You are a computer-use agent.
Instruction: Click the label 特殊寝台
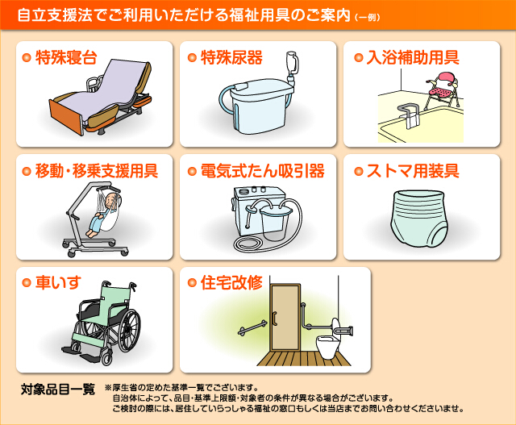tap(66, 57)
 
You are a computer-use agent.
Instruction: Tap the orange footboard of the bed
tap(66, 118)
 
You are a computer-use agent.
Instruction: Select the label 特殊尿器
tap(231, 57)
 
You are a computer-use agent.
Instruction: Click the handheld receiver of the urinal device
tap(292, 63)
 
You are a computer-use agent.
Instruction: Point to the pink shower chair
tap(442, 89)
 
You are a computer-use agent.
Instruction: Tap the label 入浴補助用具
tap(413, 57)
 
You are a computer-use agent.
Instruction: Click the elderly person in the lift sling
tap(102, 215)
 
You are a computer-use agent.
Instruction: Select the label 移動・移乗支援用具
tap(97, 171)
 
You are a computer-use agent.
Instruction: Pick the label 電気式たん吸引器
tap(263, 171)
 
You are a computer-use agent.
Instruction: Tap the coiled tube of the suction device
tap(250, 245)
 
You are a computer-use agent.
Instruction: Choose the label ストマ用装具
tap(413, 171)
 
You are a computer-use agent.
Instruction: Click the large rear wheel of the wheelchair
tap(129, 330)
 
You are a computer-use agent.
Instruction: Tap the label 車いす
tap(58, 283)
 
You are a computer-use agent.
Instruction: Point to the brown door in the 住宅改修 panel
tap(285, 318)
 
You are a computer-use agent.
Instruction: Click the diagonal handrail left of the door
tap(252, 327)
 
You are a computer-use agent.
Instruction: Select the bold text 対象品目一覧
tap(58, 390)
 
